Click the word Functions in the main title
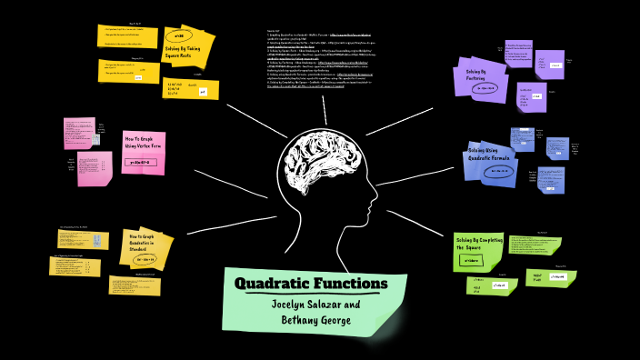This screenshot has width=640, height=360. (355, 284)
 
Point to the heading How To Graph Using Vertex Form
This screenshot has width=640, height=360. (143, 143)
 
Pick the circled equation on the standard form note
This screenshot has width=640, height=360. (146, 259)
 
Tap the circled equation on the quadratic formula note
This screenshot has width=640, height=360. (499, 172)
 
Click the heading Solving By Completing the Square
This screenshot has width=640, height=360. (479, 244)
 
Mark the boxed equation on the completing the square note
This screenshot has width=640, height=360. (472, 261)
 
